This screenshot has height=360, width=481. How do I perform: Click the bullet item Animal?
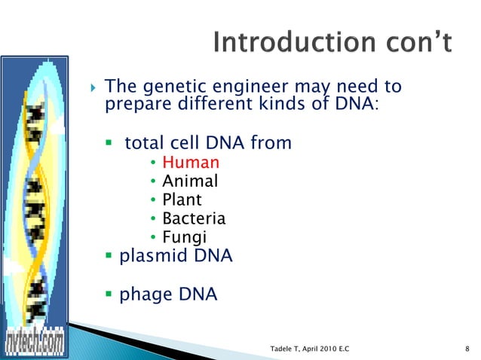(190, 182)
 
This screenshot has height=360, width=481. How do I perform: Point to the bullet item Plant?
(182, 200)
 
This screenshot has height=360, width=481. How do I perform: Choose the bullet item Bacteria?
(194, 219)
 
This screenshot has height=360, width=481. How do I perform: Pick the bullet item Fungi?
(185, 239)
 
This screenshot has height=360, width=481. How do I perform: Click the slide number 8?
(468, 349)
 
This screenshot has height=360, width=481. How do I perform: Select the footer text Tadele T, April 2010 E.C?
(314, 349)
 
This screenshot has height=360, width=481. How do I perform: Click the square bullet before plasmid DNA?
(109, 257)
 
